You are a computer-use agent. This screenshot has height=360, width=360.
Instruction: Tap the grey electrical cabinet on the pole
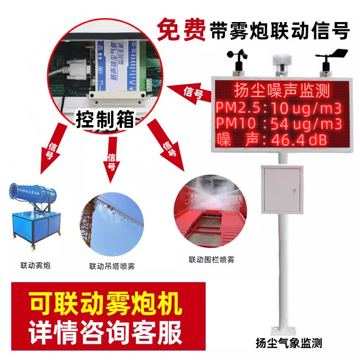(282, 189)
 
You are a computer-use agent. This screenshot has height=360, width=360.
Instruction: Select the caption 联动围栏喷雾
(211, 260)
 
